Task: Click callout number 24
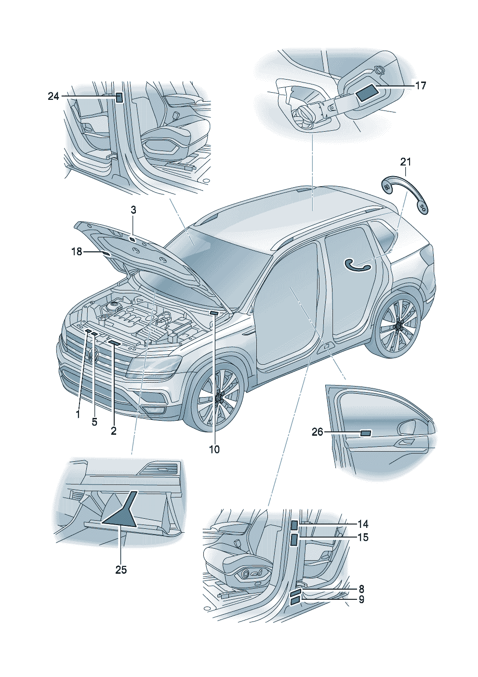[x=53, y=97]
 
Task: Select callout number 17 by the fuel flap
[x=420, y=86]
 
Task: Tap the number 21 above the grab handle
[x=406, y=162]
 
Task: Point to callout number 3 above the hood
[x=133, y=210]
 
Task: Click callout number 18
[x=77, y=251]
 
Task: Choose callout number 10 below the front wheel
[x=214, y=449]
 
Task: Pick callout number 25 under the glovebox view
[x=121, y=570]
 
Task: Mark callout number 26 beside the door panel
[x=317, y=432]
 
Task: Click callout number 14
[x=363, y=524]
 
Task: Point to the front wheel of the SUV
[x=217, y=397]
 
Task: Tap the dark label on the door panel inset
[x=366, y=433]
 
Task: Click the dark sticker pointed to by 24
[x=119, y=98]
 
